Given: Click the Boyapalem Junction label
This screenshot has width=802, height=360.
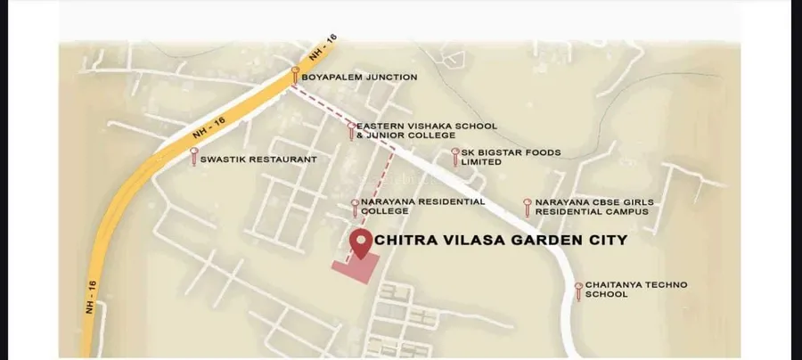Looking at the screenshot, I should point(359,78).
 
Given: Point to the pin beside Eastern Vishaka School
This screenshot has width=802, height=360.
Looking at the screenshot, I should point(351,130).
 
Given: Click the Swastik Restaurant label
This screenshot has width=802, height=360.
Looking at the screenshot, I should point(258,160).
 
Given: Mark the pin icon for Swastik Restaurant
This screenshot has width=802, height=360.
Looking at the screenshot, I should point(194,156).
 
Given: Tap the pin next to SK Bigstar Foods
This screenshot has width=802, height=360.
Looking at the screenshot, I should point(455,156).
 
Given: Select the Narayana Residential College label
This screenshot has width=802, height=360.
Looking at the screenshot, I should point(422,206).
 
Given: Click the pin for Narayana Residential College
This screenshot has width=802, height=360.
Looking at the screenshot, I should point(356,207).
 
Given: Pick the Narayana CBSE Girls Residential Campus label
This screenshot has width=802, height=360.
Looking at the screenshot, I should point(593,208).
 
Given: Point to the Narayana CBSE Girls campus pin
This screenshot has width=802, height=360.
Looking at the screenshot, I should point(528,206).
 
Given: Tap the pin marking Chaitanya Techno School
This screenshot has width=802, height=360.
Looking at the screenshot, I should point(578,289).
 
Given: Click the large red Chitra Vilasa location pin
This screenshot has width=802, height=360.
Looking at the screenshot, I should point(361,241).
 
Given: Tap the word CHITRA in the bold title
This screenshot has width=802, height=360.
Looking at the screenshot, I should point(404,240).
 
